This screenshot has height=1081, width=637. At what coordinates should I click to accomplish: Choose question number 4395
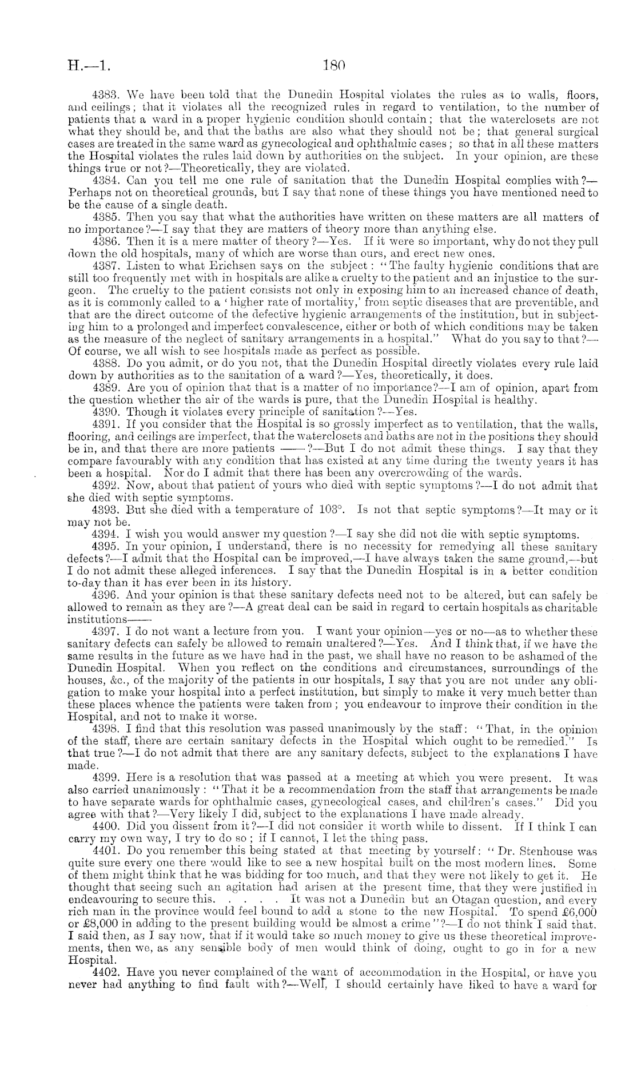pyautogui.click(x=106, y=546)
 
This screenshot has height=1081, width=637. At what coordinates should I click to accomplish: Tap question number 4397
pyautogui.click(x=106, y=632)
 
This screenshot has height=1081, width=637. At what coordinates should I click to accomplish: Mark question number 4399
pyautogui.click(x=106, y=778)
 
